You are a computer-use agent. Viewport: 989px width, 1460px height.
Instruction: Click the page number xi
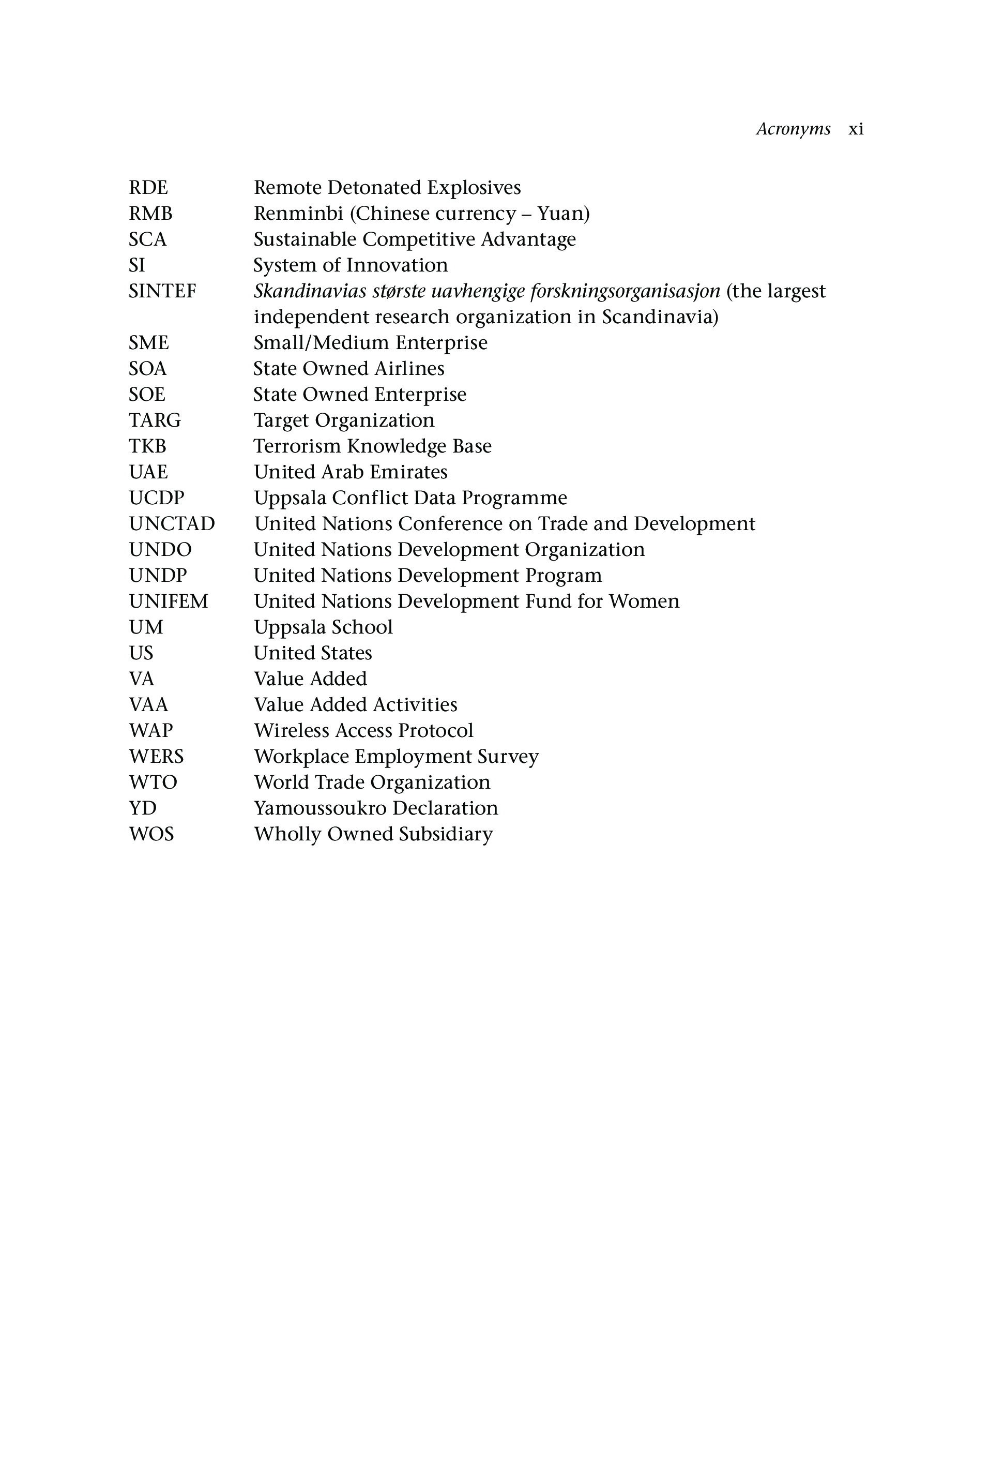coord(856,129)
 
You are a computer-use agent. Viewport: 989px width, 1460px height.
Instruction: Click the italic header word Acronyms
coord(793,129)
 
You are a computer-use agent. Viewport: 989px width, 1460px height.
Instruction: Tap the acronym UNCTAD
coord(172,523)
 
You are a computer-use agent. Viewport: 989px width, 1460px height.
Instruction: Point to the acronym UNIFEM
coord(169,601)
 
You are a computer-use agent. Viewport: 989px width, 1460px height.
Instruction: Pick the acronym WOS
coord(151,834)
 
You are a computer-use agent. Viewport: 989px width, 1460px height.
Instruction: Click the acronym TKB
coord(147,446)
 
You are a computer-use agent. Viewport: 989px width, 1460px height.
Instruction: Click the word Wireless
coord(292,731)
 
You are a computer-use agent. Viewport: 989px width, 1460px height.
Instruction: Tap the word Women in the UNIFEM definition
coord(644,601)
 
